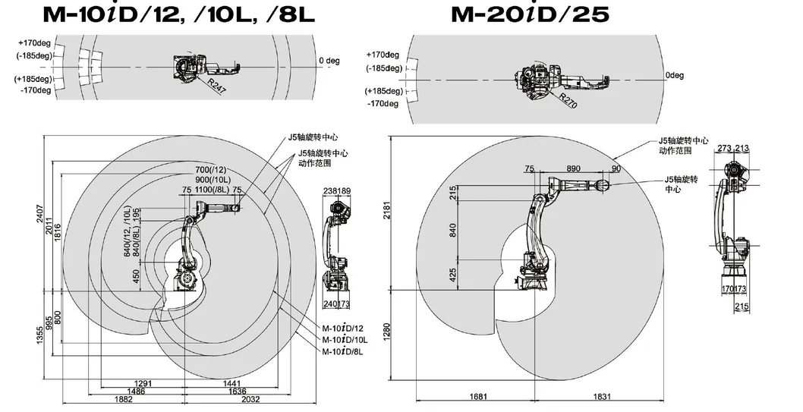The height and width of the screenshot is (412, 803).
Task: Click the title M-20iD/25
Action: click(x=530, y=14)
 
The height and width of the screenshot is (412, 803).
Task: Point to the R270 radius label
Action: click(x=568, y=101)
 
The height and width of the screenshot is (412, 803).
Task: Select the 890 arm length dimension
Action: click(x=573, y=168)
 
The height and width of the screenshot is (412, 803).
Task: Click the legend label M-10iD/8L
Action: click(x=342, y=352)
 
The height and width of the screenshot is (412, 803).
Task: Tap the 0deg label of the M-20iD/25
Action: click(x=675, y=75)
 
